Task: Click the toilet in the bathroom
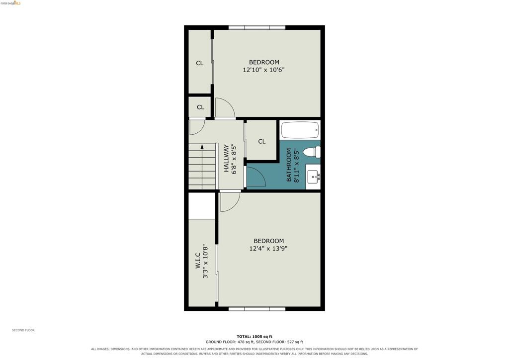click(312, 152)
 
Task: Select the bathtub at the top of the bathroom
click(300, 130)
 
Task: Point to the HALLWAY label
click(226, 158)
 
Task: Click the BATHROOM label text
click(289, 165)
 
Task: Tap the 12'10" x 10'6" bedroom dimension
click(263, 70)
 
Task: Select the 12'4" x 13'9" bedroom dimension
click(268, 249)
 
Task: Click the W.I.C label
click(198, 261)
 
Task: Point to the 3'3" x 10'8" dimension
click(205, 262)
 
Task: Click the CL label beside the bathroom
click(261, 142)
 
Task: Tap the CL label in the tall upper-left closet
click(200, 63)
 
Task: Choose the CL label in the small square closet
click(201, 107)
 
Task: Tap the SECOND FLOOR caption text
click(23, 330)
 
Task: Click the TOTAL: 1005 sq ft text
click(254, 337)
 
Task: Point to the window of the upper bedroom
click(257, 27)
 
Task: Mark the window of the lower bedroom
click(257, 309)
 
